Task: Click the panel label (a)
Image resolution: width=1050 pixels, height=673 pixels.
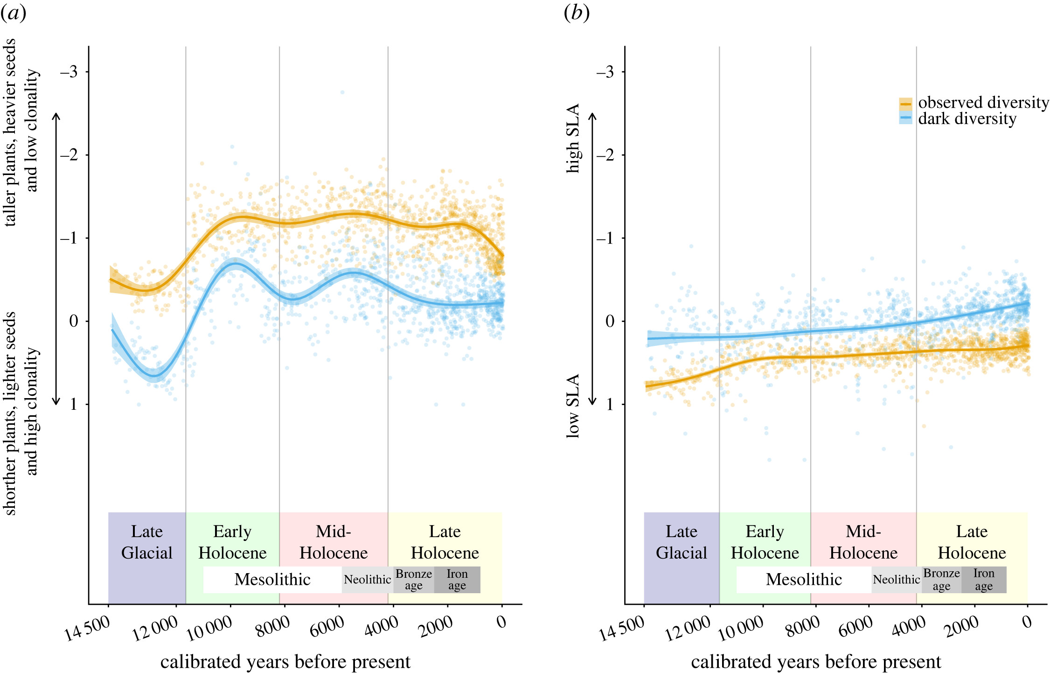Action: click(x=13, y=13)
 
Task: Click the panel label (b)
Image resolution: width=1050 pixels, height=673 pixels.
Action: click(x=577, y=13)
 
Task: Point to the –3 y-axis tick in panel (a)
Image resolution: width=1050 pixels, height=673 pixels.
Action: click(x=69, y=72)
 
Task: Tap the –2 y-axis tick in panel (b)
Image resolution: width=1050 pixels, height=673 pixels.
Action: click(x=605, y=155)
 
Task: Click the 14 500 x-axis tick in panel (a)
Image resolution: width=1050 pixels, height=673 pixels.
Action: click(x=88, y=628)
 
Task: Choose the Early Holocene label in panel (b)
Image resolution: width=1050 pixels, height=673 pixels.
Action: click(x=765, y=542)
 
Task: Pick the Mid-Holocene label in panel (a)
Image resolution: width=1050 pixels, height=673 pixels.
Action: click(x=334, y=542)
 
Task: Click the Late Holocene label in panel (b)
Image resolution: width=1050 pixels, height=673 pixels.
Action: click(x=972, y=542)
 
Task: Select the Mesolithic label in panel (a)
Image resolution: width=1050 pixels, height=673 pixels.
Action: click(x=272, y=579)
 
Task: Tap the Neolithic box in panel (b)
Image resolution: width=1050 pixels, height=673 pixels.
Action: click(x=896, y=580)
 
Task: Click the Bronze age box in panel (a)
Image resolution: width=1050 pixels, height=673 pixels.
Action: click(x=414, y=580)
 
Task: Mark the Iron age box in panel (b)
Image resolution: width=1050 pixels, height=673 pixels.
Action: click(x=984, y=580)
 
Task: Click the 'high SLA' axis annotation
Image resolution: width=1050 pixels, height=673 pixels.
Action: click(x=573, y=138)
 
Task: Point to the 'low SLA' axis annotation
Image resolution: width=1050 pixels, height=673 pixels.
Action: click(x=573, y=406)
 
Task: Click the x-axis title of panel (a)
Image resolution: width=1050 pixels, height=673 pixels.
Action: click(x=285, y=662)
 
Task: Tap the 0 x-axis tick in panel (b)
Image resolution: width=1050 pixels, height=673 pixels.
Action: click(x=1027, y=622)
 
